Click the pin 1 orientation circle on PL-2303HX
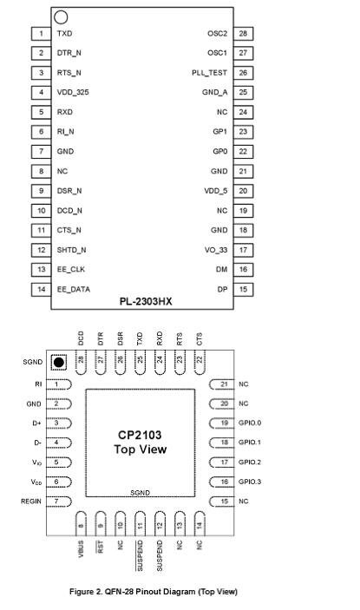coord(61,17)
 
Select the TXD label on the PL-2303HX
coord(64,34)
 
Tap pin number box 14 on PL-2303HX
coord(42,289)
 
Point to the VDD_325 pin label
coord(73,93)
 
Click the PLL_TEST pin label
coord(209,73)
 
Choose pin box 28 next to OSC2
coord(243,34)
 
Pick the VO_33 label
coord(216,250)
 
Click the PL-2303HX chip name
coord(146,301)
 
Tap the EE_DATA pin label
coord(74,290)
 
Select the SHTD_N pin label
coord(71,250)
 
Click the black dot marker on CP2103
coord(59,363)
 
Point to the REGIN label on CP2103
coord(31,501)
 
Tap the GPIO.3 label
coord(250,482)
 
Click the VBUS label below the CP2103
coord(81,549)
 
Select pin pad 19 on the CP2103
coord(222,423)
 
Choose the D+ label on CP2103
coord(36,423)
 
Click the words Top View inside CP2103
coord(141,449)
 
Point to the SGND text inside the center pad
coord(140,493)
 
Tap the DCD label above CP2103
coord(81,338)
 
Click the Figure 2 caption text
coord(154,592)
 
